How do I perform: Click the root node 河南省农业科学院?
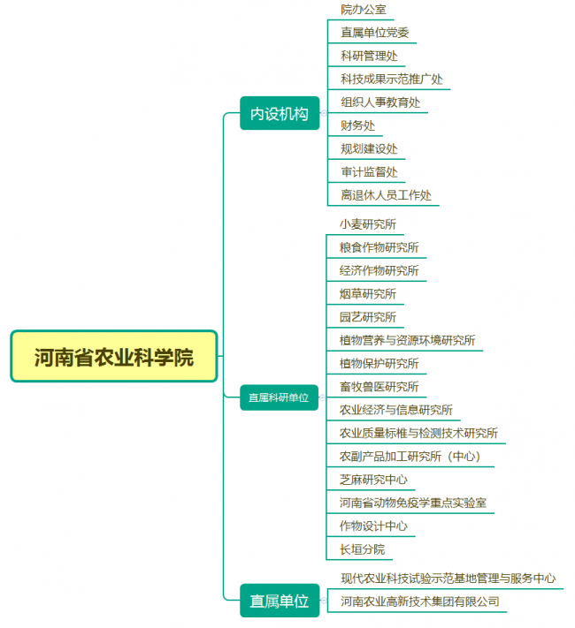114,356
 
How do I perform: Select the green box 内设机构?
280,113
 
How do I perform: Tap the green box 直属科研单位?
280,397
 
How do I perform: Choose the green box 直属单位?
280,601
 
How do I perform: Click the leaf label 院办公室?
364,10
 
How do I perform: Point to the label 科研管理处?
369,56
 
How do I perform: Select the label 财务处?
358,125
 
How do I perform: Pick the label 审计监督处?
369,172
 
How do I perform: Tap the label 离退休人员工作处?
386,195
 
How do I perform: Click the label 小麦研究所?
367,224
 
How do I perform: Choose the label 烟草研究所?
367,294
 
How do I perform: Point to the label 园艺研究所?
367,317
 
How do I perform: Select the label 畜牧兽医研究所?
379,387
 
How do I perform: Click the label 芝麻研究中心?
373,480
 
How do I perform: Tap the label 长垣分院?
363,549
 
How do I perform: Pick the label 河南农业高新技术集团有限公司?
420,602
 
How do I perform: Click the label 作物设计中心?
373,526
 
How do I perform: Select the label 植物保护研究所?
379,364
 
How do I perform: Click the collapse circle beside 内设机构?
324,113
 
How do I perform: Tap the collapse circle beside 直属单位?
324,601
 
